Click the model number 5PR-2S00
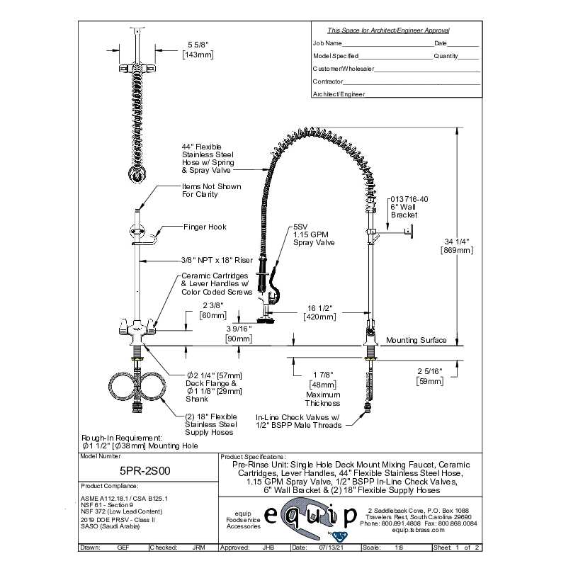tap(144, 468)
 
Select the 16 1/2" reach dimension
tap(318, 308)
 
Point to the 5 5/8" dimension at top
tap(198, 45)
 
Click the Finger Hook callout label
tap(205, 227)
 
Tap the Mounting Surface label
tap(416, 340)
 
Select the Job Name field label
tap(327, 43)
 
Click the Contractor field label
tap(328, 81)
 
